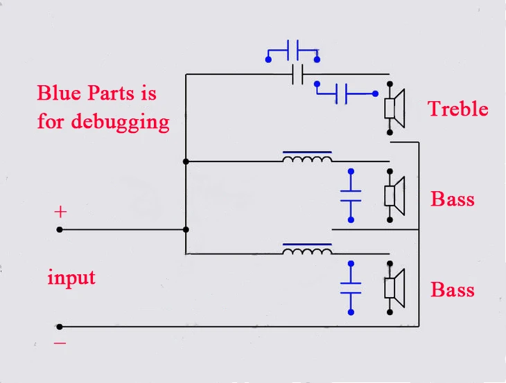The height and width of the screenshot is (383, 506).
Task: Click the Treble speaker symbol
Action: [394, 108]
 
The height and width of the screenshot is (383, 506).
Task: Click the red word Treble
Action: [457, 109]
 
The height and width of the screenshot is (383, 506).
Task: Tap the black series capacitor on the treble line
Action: [297, 75]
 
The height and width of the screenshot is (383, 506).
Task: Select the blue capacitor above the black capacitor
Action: [293, 51]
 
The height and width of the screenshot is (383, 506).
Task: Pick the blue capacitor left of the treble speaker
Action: [346, 93]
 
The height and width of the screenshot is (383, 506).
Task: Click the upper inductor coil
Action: [307, 157]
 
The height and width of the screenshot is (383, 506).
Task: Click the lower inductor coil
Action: [307, 249]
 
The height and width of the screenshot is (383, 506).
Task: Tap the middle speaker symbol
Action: [394, 196]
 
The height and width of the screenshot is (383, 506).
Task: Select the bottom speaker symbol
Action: [394, 288]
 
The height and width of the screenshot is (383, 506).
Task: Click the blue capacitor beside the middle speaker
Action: [351, 196]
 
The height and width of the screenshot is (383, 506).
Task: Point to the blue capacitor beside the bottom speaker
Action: [351, 288]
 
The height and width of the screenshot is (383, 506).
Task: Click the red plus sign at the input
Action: [60, 212]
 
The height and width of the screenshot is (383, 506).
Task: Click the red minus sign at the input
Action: [60, 343]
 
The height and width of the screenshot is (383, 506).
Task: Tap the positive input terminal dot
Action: [60, 229]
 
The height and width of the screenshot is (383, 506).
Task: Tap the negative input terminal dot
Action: [60, 327]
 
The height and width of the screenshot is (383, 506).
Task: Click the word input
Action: [71, 277]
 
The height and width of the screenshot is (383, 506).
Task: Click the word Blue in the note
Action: [59, 93]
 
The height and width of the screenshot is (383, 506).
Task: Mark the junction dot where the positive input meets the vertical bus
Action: [186, 229]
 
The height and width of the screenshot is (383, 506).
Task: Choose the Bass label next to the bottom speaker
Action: [453, 290]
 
